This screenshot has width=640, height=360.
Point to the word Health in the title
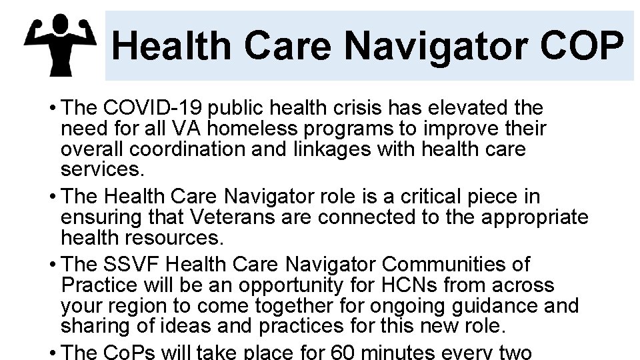click(x=171, y=46)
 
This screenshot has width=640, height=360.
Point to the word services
click(x=101, y=169)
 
